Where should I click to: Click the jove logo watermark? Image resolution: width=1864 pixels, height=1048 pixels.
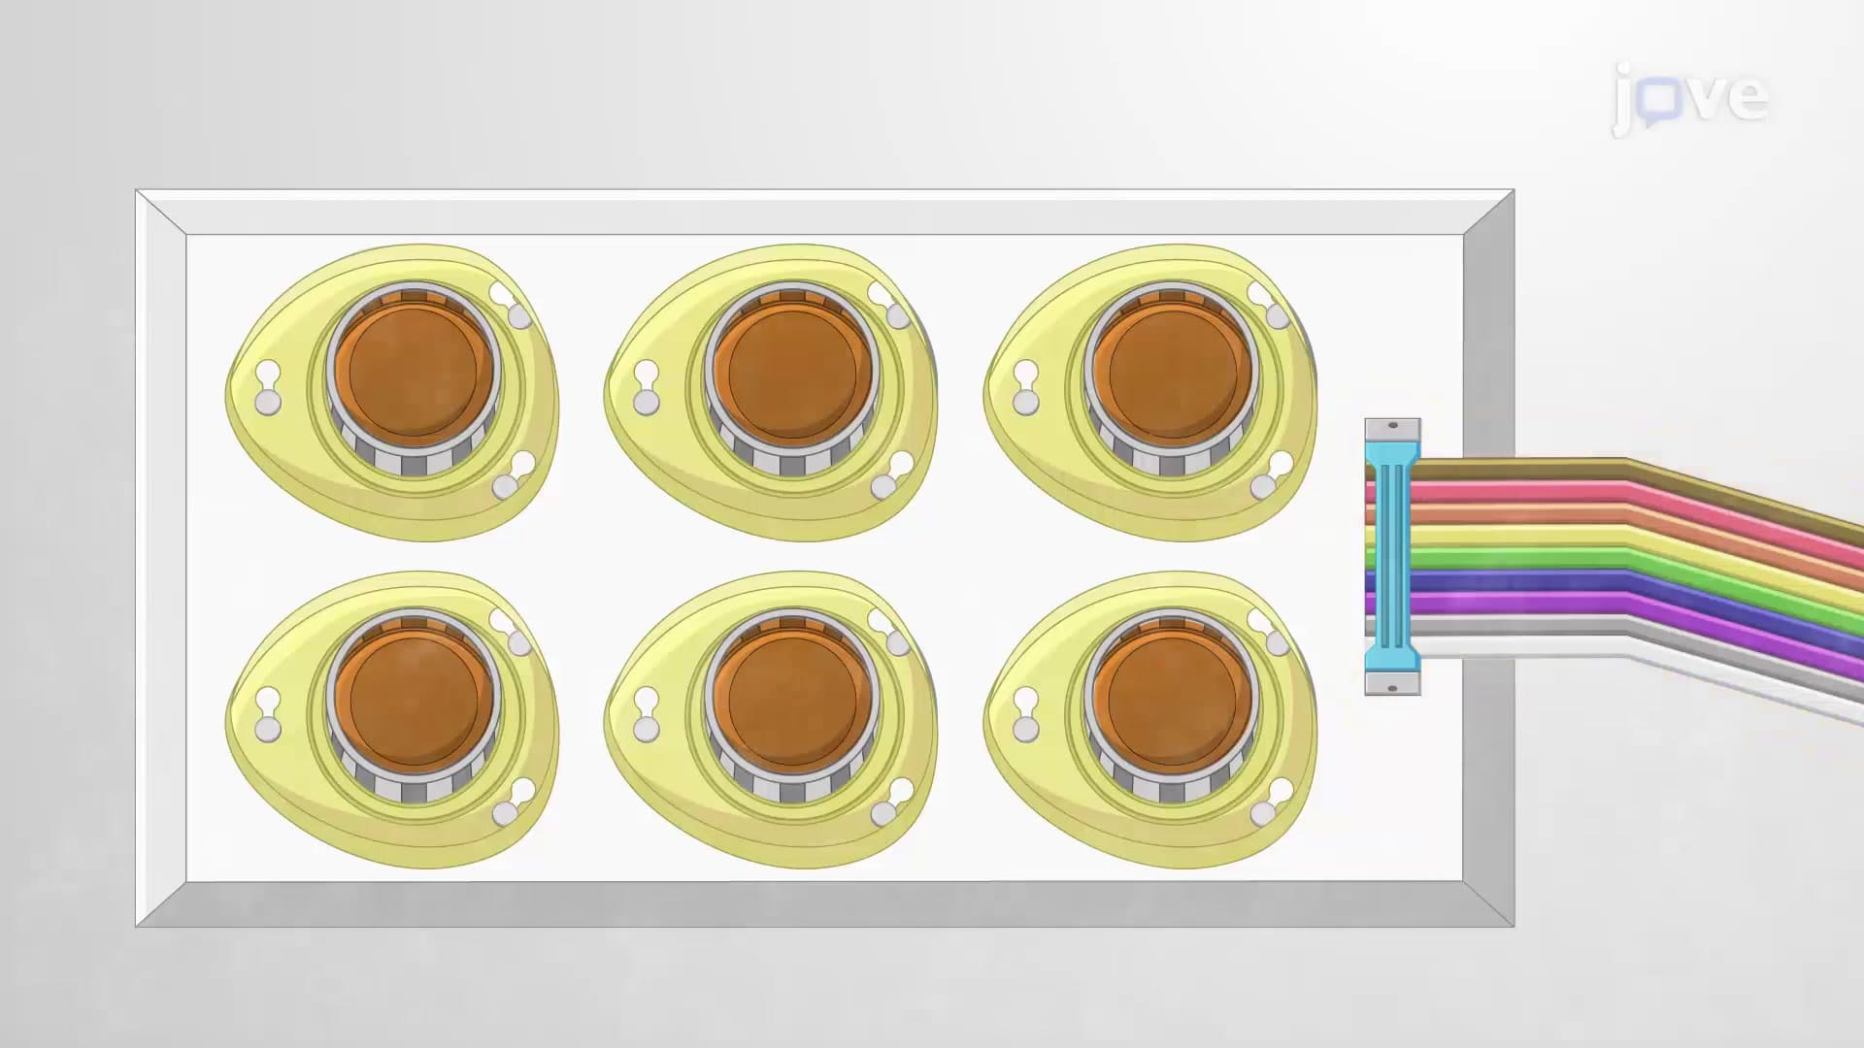click(1690, 97)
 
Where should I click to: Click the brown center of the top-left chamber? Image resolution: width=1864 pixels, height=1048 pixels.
click(414, 372)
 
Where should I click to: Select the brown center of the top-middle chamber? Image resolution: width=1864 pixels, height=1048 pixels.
click(792, 372)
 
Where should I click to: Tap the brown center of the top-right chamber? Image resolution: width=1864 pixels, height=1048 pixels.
click(1172, 372)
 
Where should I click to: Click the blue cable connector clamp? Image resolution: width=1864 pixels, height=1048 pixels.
click(1392, 557)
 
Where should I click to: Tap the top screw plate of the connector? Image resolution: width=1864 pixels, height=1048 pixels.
click(1392, 430)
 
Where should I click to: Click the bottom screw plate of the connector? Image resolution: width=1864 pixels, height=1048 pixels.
click(1392, 684)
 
